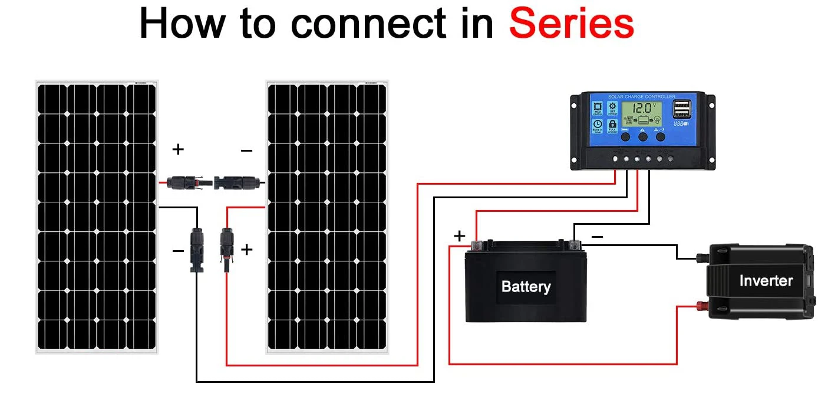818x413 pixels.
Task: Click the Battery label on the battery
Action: click(x=526, y=287)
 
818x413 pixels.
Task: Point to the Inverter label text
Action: click(x=766, y=281)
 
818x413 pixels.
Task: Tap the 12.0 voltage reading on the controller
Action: click(x=642, y=108)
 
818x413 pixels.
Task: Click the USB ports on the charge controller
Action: click(x=682, y=109)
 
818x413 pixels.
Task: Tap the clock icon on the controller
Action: click(x=598, y=126)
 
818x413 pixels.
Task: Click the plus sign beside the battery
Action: click(x=460, y=237)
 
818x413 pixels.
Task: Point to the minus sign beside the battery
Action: click(x=596, y=237)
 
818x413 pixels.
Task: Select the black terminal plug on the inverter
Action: click(x=701, y=258)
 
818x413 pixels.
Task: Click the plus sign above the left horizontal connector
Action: click(x=177, y=150)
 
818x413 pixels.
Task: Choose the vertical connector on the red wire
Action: click(x=225, y=248)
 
